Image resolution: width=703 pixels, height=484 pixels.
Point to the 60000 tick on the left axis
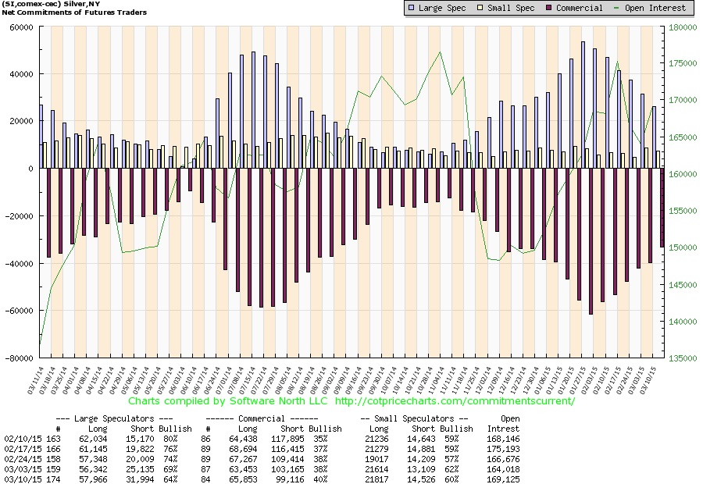click(x=19, y=27)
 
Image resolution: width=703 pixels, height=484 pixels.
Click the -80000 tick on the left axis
click(x=16, y=358)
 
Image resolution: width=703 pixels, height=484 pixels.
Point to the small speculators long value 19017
click(x=375, y=459)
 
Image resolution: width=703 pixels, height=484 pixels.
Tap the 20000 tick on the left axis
click(x=19, y=121)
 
